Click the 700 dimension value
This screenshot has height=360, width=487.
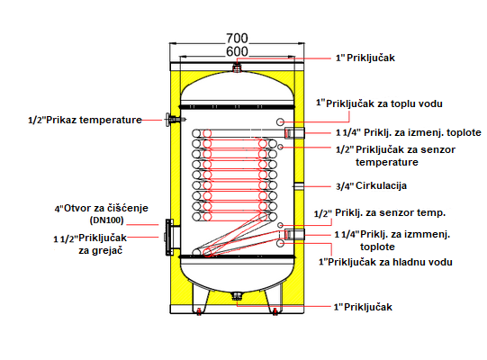tap(237, 38)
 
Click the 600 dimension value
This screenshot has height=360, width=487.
tap(237, 51)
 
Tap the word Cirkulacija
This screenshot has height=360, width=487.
tap(381, 185)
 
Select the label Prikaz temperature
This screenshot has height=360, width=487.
tap(95, 120)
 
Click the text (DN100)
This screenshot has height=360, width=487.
tap(107, 220)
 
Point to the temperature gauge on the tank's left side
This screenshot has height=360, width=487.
tap(174, 120)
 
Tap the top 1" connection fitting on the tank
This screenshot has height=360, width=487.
tap(237, 67)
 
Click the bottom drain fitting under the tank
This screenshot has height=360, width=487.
tap(237, 296)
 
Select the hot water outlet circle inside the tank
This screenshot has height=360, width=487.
tap(280, 121)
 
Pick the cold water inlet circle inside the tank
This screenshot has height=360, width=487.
tap(280, 243)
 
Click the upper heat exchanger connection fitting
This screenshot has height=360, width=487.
tap(294, 133)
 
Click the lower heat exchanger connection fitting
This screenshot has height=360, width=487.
tap(294, 234)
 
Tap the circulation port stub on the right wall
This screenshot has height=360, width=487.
tap(299, 186)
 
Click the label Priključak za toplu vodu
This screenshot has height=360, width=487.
tap(384, 103)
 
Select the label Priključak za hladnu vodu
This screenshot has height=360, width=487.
tap(390, 262)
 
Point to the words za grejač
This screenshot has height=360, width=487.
tap(101, 250)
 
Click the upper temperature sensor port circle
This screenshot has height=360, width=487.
tap(280, 147)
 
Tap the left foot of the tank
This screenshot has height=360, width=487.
tap(199, 299)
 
